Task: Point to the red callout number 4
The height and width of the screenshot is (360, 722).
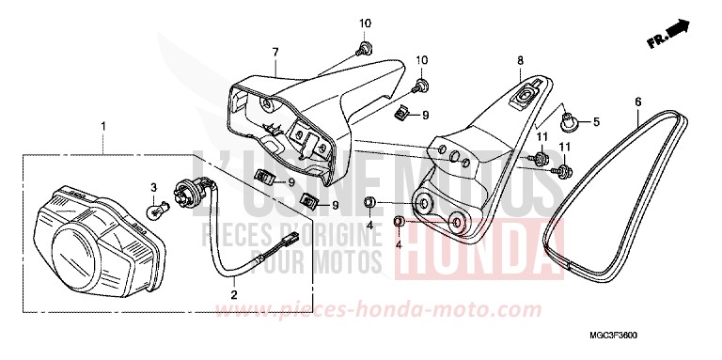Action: [x=398, y=244]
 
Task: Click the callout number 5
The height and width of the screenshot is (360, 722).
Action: [x=595, y=121]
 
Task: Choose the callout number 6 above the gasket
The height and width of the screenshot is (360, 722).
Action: [x=637, y=102]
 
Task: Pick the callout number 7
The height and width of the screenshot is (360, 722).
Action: [x=276, y=51]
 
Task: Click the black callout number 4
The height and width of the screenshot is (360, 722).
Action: [x=369, y=226]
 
